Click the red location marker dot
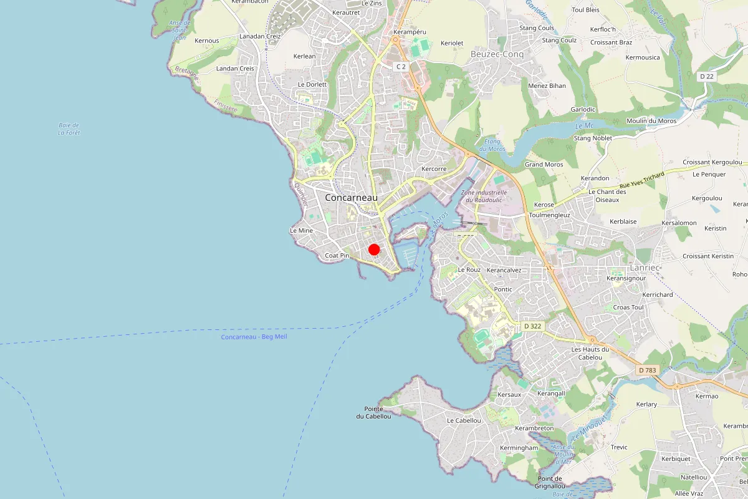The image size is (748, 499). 374,249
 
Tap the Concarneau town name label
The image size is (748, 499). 351,197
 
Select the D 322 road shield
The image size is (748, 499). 532,326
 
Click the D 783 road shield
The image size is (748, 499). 647,370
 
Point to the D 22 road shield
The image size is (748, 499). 706,76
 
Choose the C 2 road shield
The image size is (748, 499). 401,66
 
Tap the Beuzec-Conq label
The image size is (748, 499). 497,54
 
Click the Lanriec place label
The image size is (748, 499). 644,267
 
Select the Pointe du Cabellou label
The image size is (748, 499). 373,412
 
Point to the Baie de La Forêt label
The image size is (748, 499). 69,128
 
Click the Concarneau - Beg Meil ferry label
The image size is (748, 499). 254,337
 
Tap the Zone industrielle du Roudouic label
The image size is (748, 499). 484,196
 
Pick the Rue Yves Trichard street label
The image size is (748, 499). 641,180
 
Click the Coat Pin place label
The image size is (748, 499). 337,256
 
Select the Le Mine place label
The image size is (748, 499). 301,230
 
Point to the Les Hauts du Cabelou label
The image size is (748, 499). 590,353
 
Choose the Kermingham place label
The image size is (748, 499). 519,448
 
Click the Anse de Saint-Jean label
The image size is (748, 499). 180,30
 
